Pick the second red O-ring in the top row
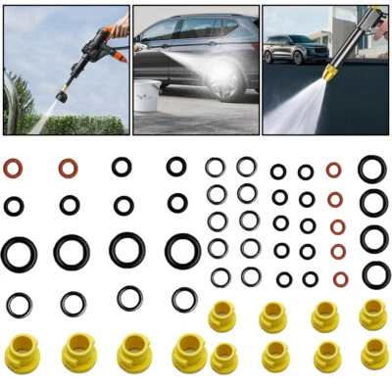click(68, 169)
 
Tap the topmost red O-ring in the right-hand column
click(333, 170)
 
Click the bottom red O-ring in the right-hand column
click(340, 278)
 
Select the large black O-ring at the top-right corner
click(371, 169)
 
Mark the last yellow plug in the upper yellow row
click(372, 315)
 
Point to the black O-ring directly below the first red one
click(14, 206)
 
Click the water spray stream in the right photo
click(294, 111)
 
